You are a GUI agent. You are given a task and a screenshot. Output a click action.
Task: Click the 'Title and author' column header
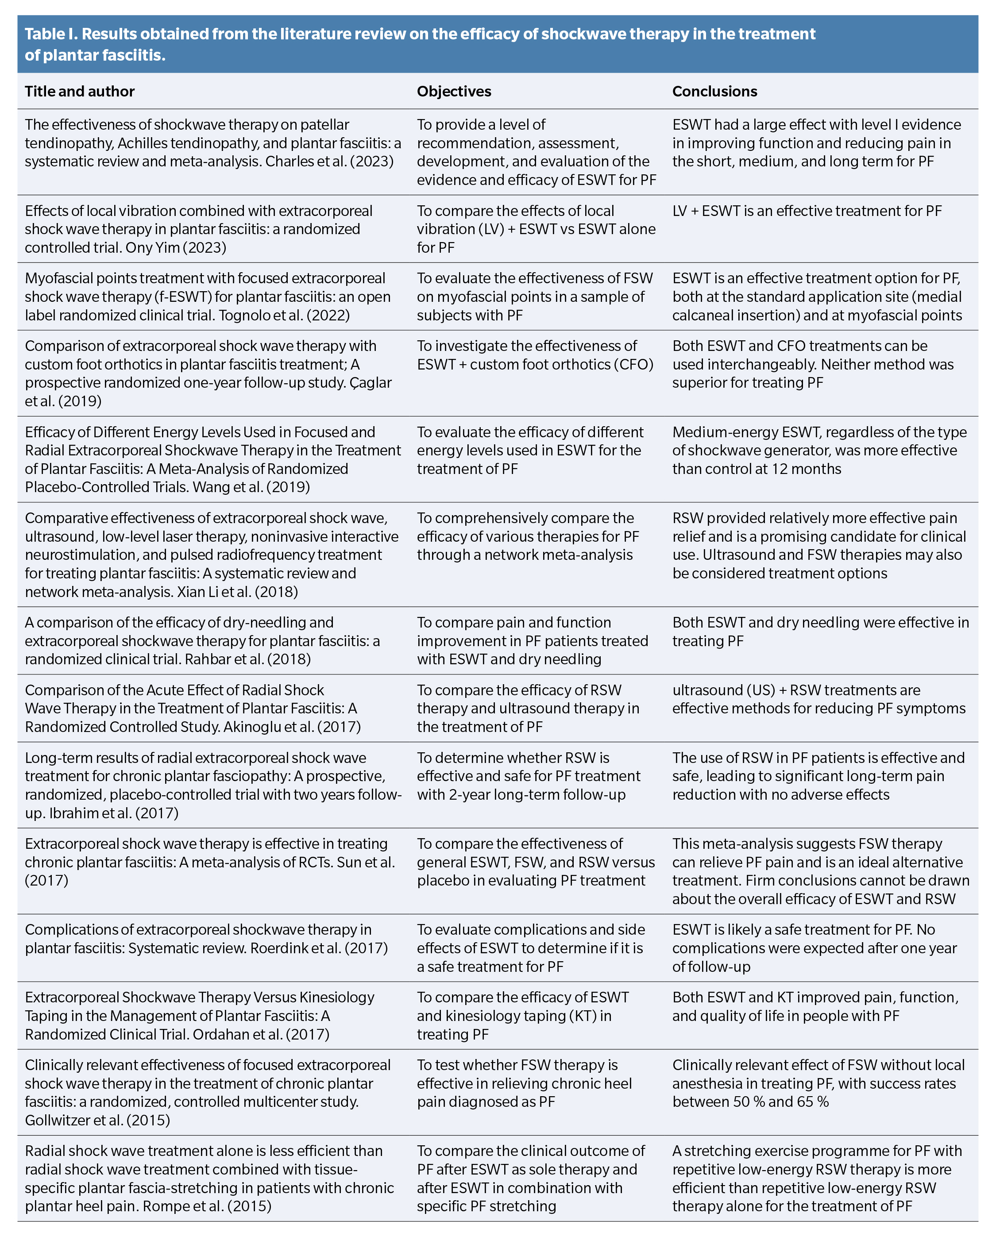pyautogui.click(x=80, y=91)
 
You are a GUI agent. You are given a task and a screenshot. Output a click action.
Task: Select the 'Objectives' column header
pyautogui.click(x=454, y=91)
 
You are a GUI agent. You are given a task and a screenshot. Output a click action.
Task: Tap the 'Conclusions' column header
pyautogui.click(x=714, y=91)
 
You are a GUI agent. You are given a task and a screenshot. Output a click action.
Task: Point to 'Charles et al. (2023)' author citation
pyautogui.click(x=329, y=161)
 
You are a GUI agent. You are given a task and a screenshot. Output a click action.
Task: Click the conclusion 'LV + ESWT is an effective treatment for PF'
pyautogui.click(x=807, y=211)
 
